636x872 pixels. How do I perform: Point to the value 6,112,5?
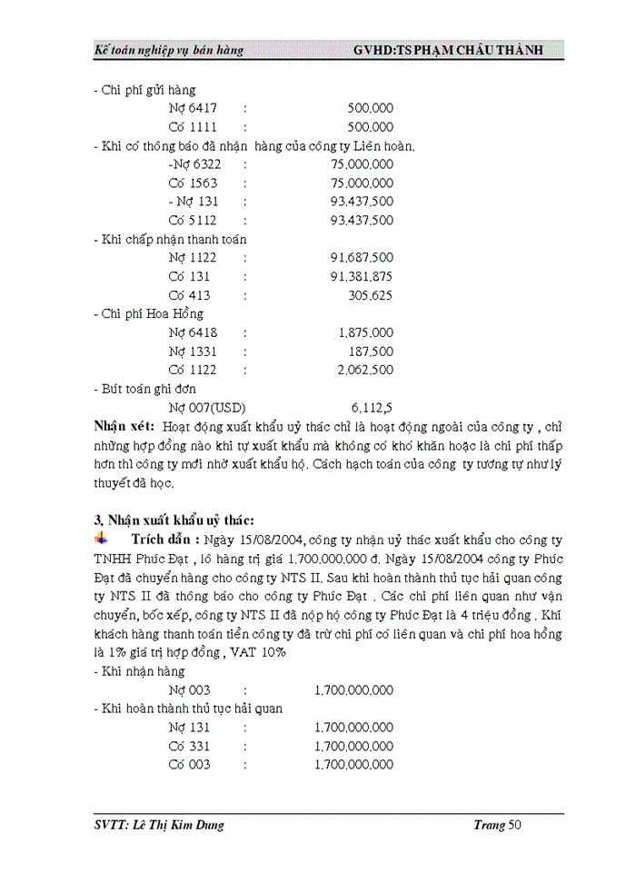click(372, 407)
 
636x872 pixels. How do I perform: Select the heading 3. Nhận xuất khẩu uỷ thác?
click(167, 520)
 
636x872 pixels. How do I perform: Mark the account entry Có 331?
click(189, 746)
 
